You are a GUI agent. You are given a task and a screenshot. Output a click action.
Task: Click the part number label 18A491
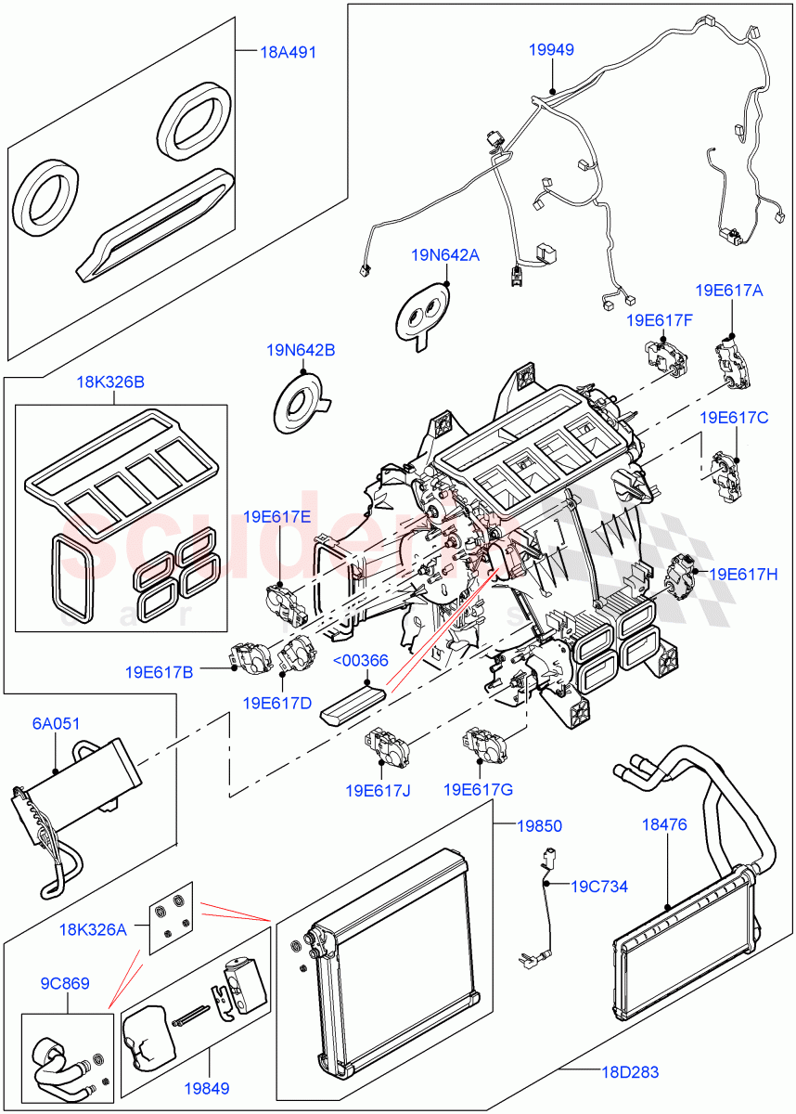(x=288, y=52)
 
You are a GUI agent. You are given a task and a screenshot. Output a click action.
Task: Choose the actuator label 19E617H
(x=744, y=575)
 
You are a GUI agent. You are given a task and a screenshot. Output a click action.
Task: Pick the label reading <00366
(x=362, y=660)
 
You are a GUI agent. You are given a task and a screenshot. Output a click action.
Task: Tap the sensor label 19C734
(x=598, y=887)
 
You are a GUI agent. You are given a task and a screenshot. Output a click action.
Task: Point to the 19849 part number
(x=207, y=1088)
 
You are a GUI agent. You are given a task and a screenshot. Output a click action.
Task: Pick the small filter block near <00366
(x=353, y=699)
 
